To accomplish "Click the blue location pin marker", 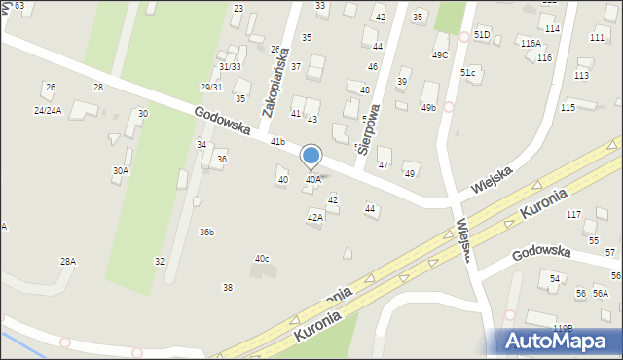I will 311,156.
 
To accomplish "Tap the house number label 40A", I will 313,179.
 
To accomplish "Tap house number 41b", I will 277,142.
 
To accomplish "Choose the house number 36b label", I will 206,232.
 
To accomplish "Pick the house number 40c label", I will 262,258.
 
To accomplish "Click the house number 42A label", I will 314,218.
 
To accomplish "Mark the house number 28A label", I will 67,261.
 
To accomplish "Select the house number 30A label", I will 120,170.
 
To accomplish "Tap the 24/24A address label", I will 48,110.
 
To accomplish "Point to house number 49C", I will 440,54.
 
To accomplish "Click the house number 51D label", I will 482,34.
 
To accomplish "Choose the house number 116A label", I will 530,44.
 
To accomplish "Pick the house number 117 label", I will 573,214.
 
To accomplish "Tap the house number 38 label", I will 228,287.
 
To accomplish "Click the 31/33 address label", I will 230,66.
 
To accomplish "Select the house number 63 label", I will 18,6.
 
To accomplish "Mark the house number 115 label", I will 568,107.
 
